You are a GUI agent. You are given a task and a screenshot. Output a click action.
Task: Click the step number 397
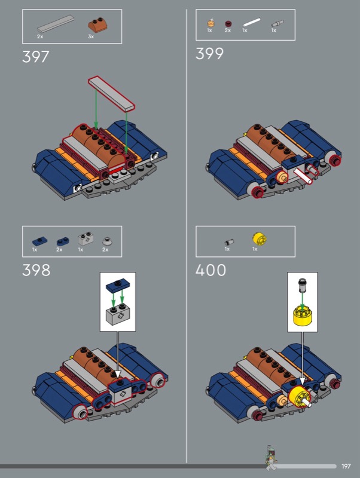[36, 57]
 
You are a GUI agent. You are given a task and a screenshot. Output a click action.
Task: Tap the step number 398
[36, 270]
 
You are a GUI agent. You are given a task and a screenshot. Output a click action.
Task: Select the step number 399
[209, 54]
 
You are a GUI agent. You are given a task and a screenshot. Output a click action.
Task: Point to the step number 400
[210, 270]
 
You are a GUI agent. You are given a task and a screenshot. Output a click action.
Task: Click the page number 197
[346, 466]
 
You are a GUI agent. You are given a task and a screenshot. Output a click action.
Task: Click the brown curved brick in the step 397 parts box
[97, 24]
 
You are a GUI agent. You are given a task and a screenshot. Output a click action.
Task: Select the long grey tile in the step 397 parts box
[56, 24]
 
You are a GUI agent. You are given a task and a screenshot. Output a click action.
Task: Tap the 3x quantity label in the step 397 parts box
[91, 36]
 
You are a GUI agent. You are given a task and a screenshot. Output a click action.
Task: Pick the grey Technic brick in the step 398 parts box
[86, 240]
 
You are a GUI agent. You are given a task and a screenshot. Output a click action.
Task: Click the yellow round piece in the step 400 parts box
[260, 238]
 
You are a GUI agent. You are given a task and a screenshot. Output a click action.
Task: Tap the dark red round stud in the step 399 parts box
[228, 23]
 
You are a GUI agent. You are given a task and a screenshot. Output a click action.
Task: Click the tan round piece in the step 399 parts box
[211, 23]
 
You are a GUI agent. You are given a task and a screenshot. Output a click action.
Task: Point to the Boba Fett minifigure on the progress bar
[271, 458]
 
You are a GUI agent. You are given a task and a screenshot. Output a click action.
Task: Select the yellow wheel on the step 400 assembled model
[299, 397]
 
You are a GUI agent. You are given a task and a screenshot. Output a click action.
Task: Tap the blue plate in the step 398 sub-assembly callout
[118, 286]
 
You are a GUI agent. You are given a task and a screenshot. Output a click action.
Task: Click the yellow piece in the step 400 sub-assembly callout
[302, 315]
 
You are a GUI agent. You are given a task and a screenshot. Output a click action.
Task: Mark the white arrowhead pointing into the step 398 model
[118, 375]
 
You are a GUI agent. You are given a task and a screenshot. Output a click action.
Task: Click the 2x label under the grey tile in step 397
[40, 36]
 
